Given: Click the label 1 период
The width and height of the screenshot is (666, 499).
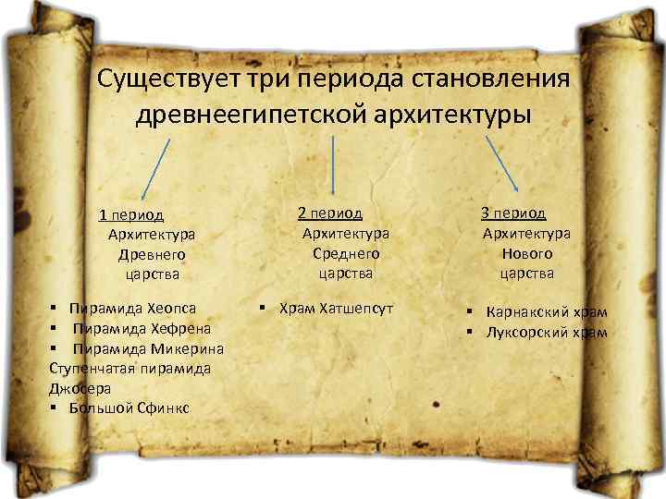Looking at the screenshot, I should (131, 215).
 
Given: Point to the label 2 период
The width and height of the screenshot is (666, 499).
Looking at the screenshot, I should (330, 213).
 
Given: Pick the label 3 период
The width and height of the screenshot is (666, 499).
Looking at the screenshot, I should (513, 213).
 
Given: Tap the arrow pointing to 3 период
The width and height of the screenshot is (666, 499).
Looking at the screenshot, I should (501, 164).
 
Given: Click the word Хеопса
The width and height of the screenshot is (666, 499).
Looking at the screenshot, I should (172, 307).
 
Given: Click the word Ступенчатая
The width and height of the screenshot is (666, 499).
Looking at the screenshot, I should (89, 368).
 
